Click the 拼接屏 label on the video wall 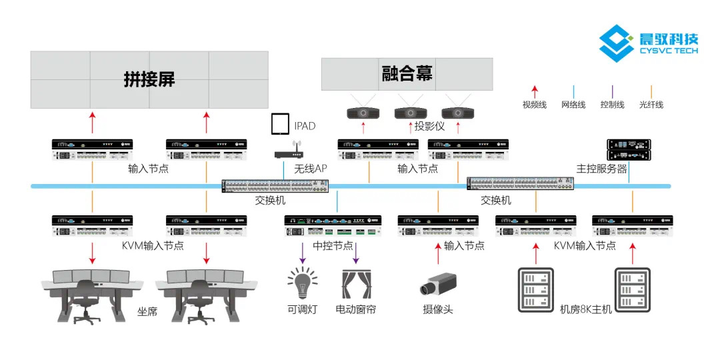click(x=149, y=79)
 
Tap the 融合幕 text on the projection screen click(x=407, y=73)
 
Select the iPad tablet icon click(x=281, y=125)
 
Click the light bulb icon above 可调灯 click(x=302, y=283)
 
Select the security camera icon click(x=437, y=285)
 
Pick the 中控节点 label click(x=333, y=246)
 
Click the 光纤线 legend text click(x=651, y=105)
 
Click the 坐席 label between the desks click(x=147, y=311)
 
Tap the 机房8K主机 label click(x=586, y=310)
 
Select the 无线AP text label click(x=311, y=169)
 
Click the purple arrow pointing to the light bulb click(x=302, y=253)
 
